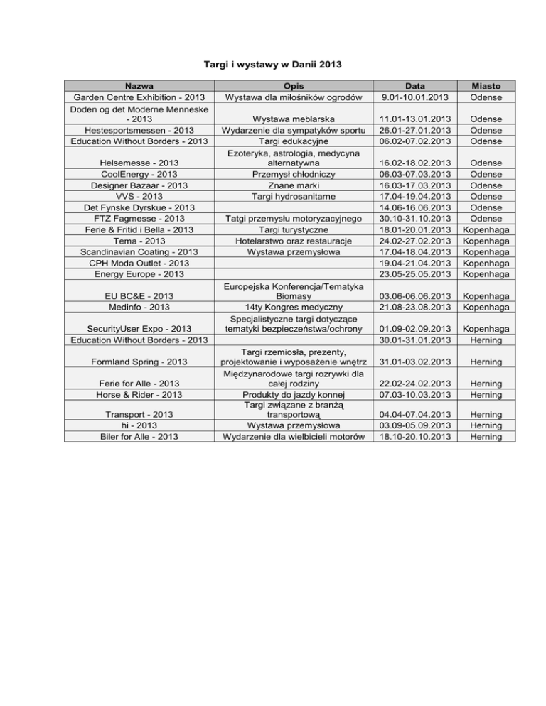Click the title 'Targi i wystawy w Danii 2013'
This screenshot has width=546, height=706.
(x=273, y=65)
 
